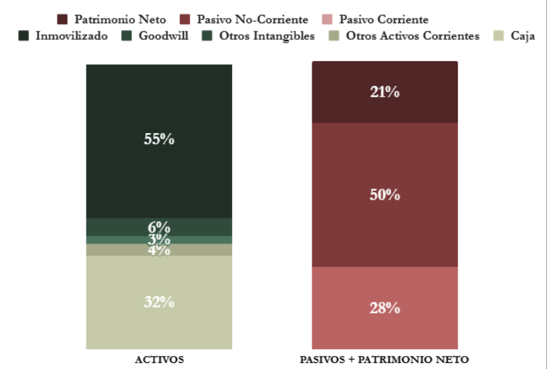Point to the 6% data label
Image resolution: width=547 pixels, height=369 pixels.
pos(159,227)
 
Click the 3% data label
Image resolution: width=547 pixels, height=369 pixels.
pos(159,239)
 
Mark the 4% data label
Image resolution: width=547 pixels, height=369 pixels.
pos(159,250)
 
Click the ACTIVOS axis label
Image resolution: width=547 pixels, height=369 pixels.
pos(159,359)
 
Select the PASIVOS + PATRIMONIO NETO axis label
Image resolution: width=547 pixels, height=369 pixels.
pos(384,359)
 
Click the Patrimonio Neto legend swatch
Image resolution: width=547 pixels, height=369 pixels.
pos(62,20)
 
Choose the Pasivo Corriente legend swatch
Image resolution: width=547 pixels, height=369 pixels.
pos(327,20)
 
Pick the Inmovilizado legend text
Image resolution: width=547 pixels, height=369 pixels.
pos(71,36)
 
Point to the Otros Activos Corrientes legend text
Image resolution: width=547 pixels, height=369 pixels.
pos(413,36)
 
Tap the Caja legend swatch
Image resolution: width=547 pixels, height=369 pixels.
pos(499,36)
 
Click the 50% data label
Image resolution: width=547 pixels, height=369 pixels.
pos(384,195)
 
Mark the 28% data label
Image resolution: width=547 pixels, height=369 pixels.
pos(384,308)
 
